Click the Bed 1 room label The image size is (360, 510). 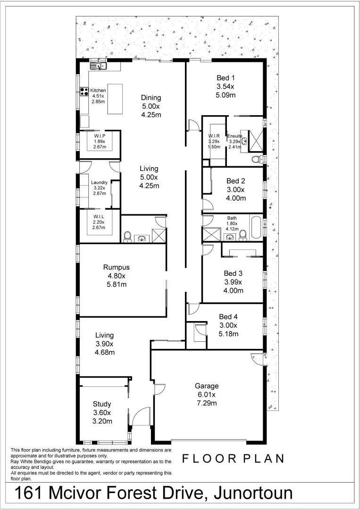pos(226,78)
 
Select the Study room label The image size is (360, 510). pos(102,404)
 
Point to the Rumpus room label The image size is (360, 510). pos(116,267)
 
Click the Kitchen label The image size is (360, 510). pos(99,90)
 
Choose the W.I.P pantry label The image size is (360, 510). pos(99,135)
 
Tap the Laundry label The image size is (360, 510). pos(99,182)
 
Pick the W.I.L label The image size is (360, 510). pos(99,216)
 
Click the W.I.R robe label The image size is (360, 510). pos(215,136)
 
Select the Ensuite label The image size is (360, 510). pos(234,136)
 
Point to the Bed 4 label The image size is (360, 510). pos(229,317)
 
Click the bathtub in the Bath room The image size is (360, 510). pos(256,227)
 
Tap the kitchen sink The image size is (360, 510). pos(99,65)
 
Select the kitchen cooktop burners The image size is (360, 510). pos(84,92)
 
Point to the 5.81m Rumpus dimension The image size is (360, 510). pos(116,284)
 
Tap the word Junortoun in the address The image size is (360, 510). pos(253,493)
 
